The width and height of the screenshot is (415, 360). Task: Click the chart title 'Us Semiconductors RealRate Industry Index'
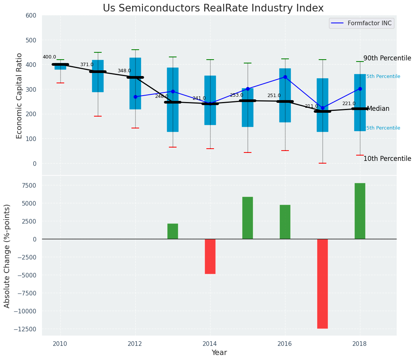[213, 8]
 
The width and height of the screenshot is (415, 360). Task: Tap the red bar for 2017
[323, 284]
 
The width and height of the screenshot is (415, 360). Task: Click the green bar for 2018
[360, 211]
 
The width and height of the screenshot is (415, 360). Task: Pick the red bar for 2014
[210, 256]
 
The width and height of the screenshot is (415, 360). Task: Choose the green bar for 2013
[173, 231]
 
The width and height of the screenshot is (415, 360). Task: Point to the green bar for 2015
[248, 218]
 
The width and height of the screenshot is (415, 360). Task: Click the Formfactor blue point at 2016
[285, 77]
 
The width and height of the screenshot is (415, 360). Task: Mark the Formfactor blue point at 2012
[135, 97]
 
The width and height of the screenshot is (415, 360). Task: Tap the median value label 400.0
[49, 57]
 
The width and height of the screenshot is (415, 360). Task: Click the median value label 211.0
[311, 106]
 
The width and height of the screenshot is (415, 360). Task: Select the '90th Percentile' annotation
[387, 58]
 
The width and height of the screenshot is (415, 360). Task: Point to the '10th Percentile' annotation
[387, 159]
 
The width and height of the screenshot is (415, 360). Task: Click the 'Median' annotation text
[378, 109]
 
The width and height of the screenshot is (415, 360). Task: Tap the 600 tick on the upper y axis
[31, 15]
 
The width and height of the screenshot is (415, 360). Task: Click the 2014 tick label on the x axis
[210, 344]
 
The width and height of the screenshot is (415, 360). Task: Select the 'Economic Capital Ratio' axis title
[19, 95]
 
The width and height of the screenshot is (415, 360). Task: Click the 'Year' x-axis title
[219, 353]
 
